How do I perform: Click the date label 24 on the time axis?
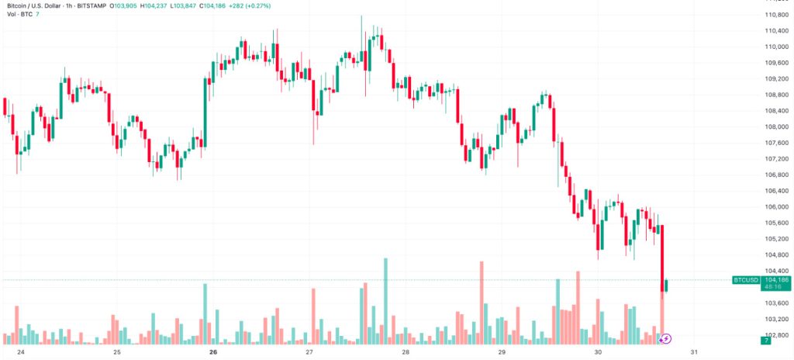[x=21, y=351]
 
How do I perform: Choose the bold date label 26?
[x=213, y=351]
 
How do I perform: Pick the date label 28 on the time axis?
[x=406, y=351]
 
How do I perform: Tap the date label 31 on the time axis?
[x=694, y=351]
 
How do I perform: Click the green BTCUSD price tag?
[x=745, y=279]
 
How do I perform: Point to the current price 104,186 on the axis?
[x=776, y=279]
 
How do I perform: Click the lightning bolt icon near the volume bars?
[x=666, y=338]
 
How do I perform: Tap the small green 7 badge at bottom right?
[x=765, y=341]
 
